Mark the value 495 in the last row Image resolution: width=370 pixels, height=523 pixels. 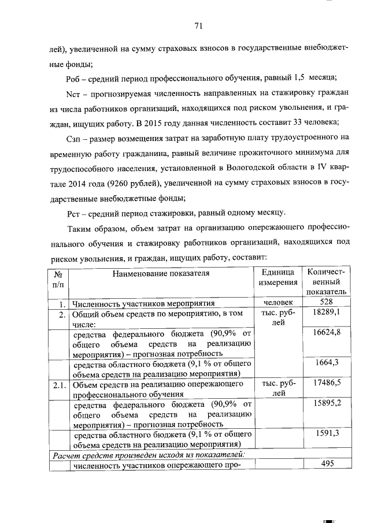[327, 465]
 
